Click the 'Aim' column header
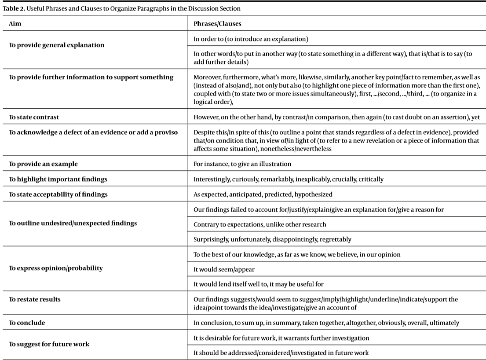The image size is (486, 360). click(15, 24)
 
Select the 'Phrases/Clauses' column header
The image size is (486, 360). click(217, 24)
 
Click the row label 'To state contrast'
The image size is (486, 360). click(34, 118)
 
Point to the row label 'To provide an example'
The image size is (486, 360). click(43, 164)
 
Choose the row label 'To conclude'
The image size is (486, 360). click(27, 323)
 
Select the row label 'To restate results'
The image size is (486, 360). click(35, 299)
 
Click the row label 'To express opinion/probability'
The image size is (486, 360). click(56, 268)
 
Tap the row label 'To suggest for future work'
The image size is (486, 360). click(49, 344)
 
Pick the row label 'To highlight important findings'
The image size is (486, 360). click(58, 179)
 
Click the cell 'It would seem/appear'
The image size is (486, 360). click(224, 269)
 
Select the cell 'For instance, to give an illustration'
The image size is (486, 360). click(242, 164)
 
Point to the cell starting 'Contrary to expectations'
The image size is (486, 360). click(260, 224)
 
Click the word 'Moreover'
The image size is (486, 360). click(207, 77)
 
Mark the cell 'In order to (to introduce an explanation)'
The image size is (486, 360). click(251, 39)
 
